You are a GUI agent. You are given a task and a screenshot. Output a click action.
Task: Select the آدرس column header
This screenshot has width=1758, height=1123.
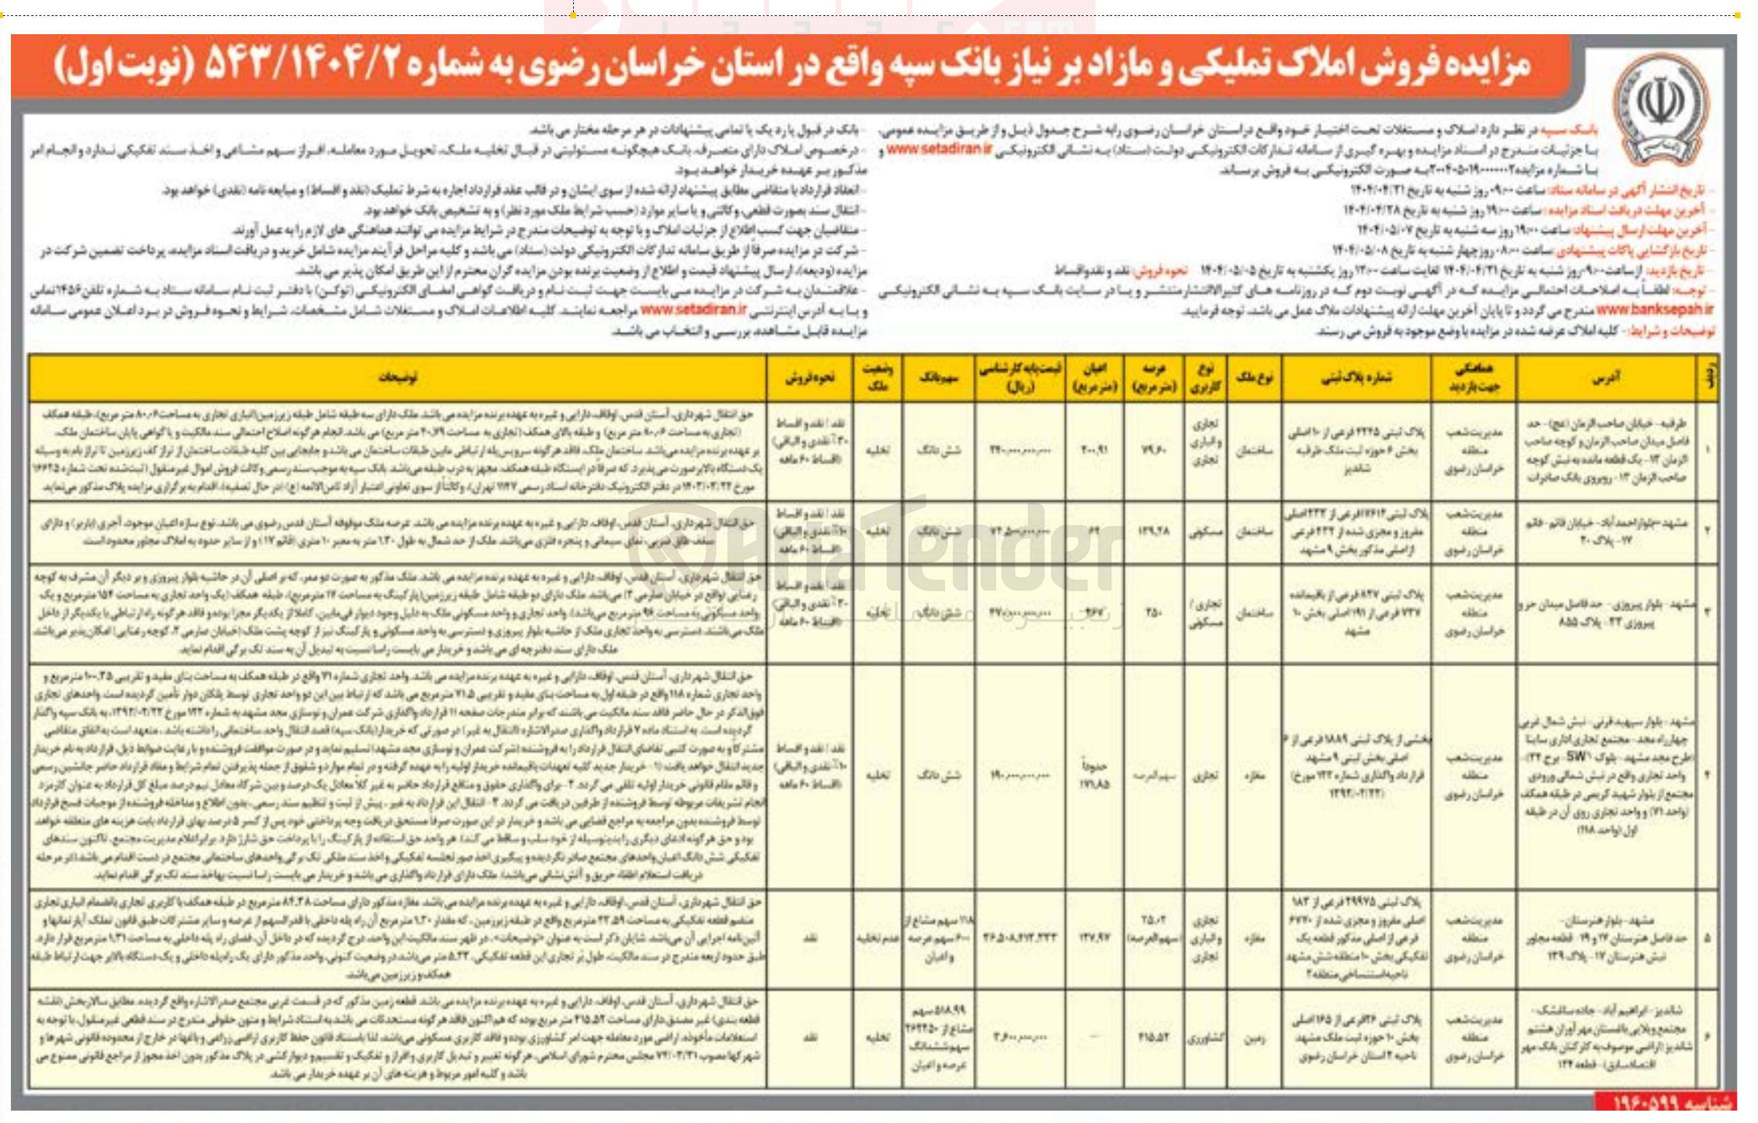pyautogui.click(x=1606, y=377)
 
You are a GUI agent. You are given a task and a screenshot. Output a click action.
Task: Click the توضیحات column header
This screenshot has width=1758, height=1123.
pyautogui.click(x=398, y=377)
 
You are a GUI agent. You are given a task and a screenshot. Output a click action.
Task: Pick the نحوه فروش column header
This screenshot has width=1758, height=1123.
pyautogui.click(x=809, y=377)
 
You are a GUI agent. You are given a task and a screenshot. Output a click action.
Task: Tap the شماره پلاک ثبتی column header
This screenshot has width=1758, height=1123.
pyautogui.click(x=1356, y=377)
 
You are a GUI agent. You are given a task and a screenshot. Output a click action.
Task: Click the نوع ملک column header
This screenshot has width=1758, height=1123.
pyautogui.click(x=1253, y=377)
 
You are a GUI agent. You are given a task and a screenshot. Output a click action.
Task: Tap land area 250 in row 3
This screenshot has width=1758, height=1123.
pyautogui.click(x=1154, y=612)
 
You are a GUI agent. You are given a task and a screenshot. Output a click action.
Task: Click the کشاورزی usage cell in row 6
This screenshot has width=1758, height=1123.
pyautogui.click(x=1204, y=1038)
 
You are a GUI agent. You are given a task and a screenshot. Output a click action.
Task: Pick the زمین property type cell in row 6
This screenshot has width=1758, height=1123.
pyautogui.click(x=1253, y=1038)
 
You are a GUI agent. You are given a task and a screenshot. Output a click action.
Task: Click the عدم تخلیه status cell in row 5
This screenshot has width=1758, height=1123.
pyautogui.click(x=876, y=937)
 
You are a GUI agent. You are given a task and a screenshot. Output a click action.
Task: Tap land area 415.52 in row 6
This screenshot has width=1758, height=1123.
pyautogui.click(x=1154, y=1038)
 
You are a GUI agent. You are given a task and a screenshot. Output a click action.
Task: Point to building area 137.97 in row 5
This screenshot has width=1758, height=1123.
pyautogui.click(x=1095, y=937)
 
